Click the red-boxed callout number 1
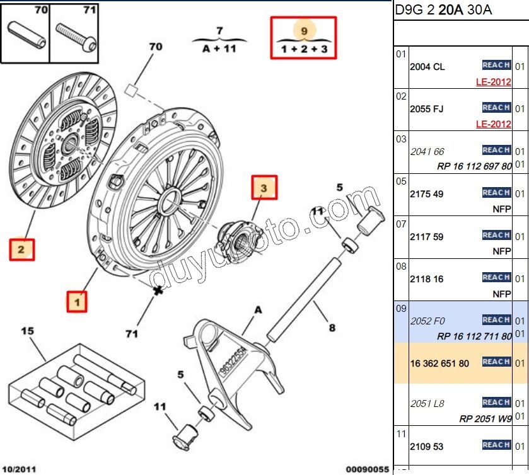pyautogui.click(x=78, y=302)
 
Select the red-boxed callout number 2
pyautogui.click(x=21, y=249)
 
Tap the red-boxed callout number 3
pyautogui.click(x=264, y=187)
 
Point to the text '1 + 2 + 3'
pyautogui.click(x=304, y=49)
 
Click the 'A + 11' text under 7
pyautogui.click(x=219, y=49)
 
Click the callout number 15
pyautogui.click(x=27, y=331)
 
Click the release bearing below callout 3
pyautogui.click(x=233, y=237)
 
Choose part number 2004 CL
pyautogui.click(x=427, y=67)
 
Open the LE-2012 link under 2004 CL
pyautogui.click(x=493, y=82)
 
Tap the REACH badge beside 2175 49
pyautogui.click(x=496, y=193)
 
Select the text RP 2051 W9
pyautogui.click(x=485, y=418)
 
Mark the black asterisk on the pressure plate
pyautogui.click(x=157, y=290)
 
